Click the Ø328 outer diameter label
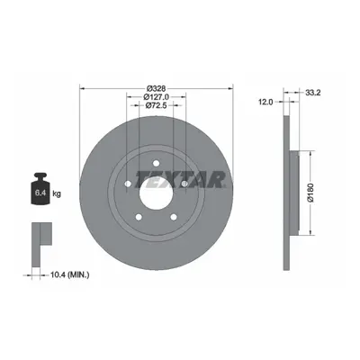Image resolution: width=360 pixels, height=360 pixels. pos(156,88)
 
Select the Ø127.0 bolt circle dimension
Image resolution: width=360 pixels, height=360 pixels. pos(156,97)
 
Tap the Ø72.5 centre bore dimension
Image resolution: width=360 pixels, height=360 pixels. pos(156,105)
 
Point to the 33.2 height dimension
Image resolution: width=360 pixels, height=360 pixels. pos(313,93)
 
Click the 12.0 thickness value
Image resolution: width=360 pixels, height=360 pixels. pos(266,102)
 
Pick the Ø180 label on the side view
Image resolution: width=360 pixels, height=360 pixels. pos(310,193)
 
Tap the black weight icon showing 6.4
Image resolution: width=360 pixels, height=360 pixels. pos(40,189)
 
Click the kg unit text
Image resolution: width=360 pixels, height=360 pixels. pos(57,193)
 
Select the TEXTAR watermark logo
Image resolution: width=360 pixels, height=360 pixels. pos(181,179)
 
